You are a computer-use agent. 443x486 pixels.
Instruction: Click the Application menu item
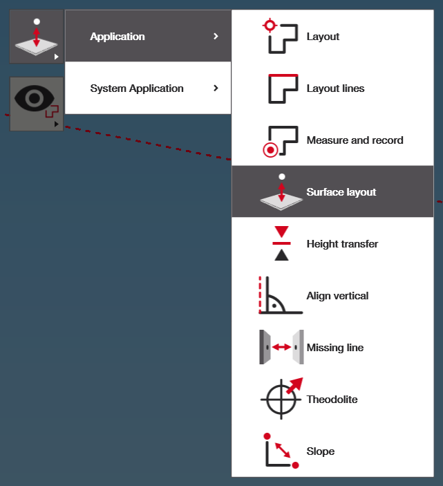[117, 37]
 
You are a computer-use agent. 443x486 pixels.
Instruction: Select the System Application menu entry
[137, 88]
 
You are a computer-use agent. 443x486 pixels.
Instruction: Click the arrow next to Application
[216, 37]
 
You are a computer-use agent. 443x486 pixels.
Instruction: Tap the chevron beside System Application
[216, 88]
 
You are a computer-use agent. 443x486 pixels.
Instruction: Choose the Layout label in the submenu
[323, 37]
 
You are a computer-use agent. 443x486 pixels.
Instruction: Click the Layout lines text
[335, 88]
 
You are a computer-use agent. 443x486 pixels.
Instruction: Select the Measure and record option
[355, 140]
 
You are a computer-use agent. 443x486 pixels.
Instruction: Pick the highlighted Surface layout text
[341, 192]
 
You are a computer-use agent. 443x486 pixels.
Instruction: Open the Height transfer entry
[342, 244]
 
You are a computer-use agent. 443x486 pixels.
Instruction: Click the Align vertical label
[337, 296]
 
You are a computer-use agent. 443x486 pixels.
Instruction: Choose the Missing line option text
[334, 348]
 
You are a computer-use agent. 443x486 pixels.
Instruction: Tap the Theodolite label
[332, 400]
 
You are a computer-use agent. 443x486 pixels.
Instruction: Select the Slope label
[321, 451]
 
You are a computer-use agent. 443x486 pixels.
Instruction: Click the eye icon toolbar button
[37, 104]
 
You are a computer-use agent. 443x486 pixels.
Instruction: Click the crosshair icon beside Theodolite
[281, 399]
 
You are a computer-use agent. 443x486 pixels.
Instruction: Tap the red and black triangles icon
[281, 243]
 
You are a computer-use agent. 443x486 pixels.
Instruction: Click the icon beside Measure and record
[281, 140]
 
